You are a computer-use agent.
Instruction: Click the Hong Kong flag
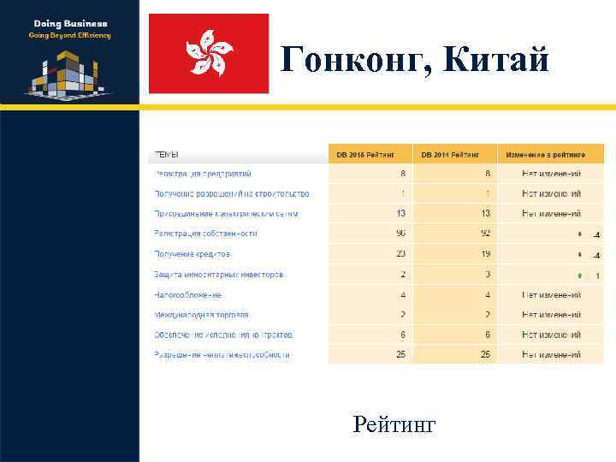pos(209,53)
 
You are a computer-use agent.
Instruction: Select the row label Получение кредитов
pos(192,254)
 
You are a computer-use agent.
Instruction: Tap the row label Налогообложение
pos(188,295)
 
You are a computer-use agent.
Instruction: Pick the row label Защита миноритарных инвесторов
pos(218,275)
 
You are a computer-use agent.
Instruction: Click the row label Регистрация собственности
pos(205,234)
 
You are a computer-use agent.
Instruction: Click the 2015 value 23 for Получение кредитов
pos(400,254)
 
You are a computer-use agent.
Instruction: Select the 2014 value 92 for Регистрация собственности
pos(485,234)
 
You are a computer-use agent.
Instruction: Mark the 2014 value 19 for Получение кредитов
pos(485,254)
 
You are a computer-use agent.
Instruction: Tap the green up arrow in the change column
pos(579,275)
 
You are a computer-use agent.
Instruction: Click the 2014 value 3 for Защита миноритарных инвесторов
pos(488,275)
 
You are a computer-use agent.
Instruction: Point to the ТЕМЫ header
pos(166,155)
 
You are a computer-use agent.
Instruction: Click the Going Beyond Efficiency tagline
pos(70,36)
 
